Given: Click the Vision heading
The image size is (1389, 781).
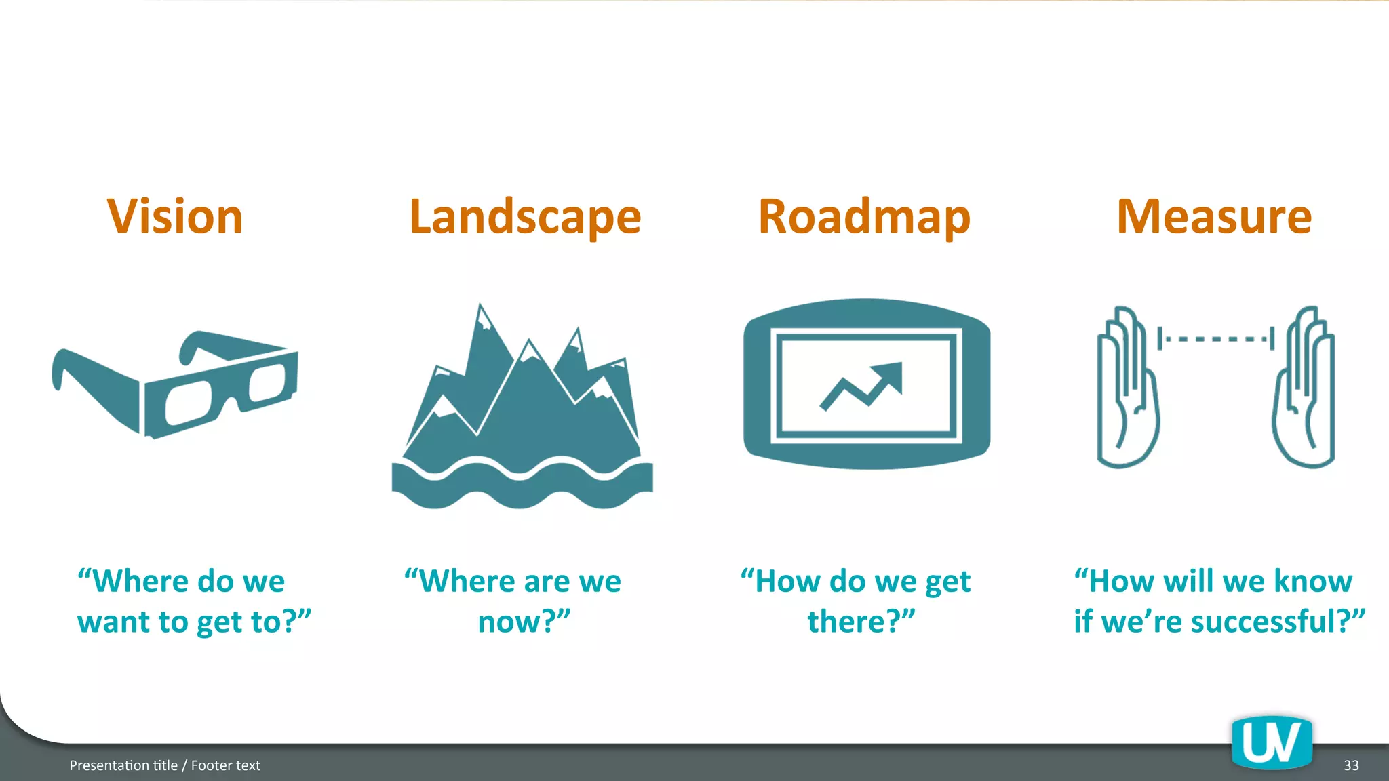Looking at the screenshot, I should (x=175, y=217).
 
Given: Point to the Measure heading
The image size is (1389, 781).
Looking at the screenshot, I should (x=1214, y=217).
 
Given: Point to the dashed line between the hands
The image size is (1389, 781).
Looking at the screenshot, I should (x=1215, y=338).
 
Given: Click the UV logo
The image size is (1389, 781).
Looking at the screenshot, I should (x=1272, y=743).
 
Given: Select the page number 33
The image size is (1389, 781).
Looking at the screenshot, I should (x=1351, y=765).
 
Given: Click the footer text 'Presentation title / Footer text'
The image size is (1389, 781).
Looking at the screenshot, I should (x=165, y=765).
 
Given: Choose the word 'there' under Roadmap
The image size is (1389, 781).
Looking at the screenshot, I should (x=850, y=622).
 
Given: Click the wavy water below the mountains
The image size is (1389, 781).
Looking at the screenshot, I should (x=522, y=485).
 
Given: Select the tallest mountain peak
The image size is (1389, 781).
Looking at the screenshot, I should (x=481, y=313).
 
